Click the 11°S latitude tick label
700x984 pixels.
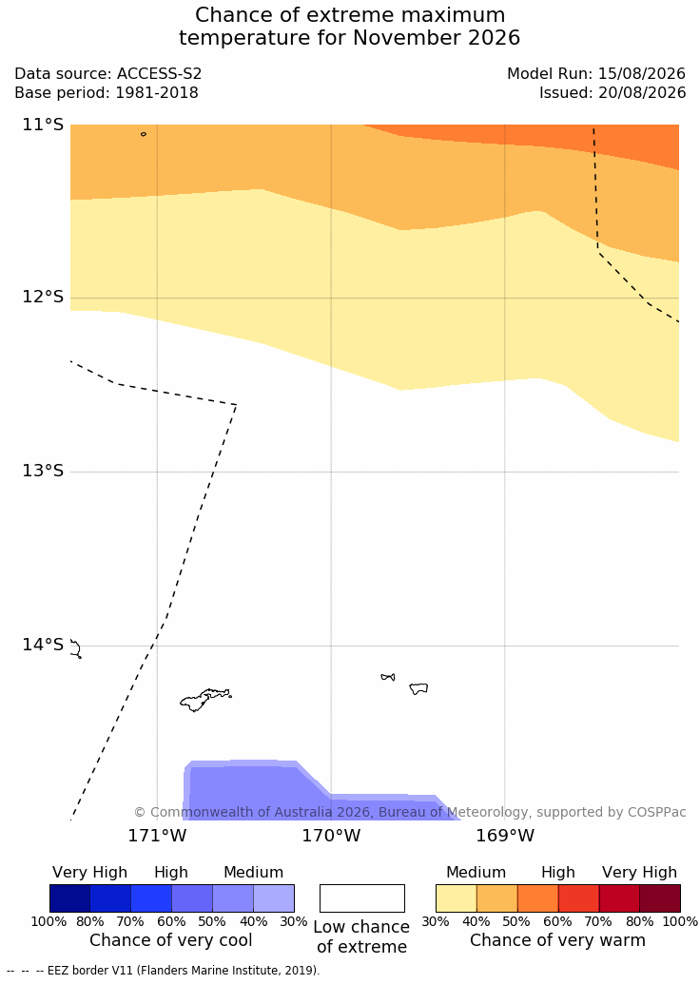(44, 125)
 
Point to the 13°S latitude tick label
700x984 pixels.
(44, 471)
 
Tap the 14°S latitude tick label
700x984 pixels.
(44, 645)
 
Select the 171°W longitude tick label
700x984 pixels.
(158, 836)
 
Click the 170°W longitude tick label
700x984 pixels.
(332, 836)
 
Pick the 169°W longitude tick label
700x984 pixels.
(505, 836)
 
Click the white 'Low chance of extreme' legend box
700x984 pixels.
(362, 898)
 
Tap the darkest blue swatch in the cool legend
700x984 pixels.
(70, 898)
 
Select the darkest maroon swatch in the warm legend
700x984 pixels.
(660, 898)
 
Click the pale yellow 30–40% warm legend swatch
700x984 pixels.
(457, 898)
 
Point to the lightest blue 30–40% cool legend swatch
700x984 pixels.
(274, 898)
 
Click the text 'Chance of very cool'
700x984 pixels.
(171, 940)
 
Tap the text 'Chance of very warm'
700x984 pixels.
(557, 940)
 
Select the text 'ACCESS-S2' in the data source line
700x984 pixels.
(160, 73)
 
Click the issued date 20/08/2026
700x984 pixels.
(642, 93)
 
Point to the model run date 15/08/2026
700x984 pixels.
(642, 73)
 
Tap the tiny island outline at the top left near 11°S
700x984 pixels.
(144, 134)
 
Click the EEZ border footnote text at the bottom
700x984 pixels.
(164, 970)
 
